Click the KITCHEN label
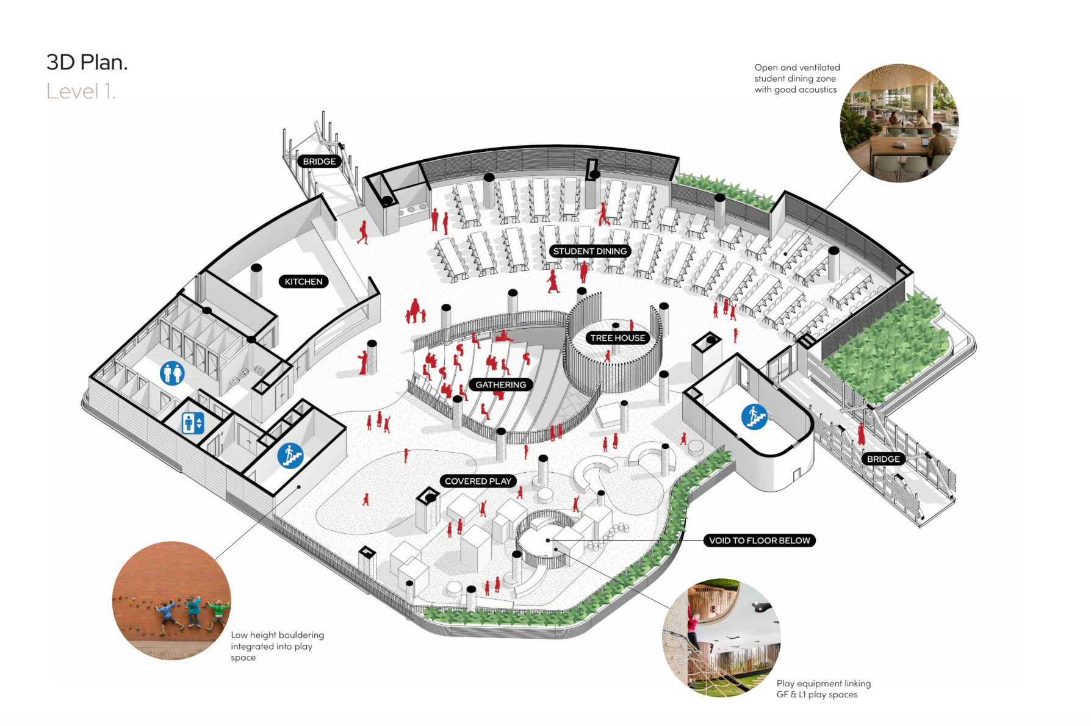click(303, 281)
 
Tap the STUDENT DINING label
click(589, 251)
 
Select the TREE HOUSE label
click(618, 337)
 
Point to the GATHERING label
click(500, 384)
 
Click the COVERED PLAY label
click(478, 481)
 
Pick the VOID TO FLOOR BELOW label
click(759, 540)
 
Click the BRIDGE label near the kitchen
click(319, 161)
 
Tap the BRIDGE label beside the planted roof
click(883, 459)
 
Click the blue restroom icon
click(172, 373)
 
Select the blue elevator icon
click(193, 423)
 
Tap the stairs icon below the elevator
click(290, 456)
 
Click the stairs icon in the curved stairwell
click(754, 417)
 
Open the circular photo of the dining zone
click(899, 123)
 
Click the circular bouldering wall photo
click(171, 600)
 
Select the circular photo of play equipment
click(722, 638)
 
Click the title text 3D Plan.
click(87, 62)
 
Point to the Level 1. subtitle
click(81, 91)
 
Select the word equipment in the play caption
click(819, 684)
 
